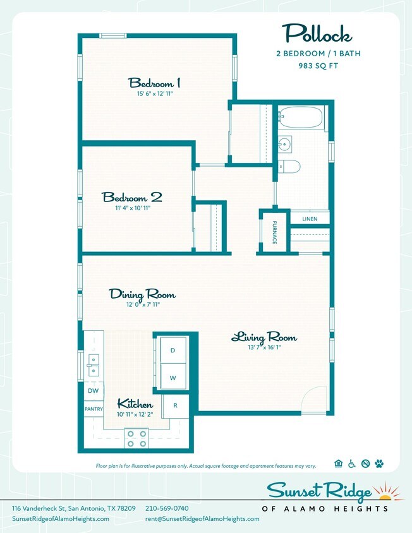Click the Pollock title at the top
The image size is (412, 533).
tap(317, 33)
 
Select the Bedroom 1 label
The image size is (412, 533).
tap(155, 83)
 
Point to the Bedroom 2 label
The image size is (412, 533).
tap(132, 197)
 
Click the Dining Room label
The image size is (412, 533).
tap(142, 294)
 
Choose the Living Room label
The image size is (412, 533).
tap(264, 337)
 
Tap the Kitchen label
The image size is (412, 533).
tap(135, 404)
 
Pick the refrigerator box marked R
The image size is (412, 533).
tap(175, 405)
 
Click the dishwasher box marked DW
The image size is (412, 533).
tap(92, 391)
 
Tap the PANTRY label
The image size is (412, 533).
tap(94, 409)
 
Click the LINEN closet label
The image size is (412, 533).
tap(310, 219)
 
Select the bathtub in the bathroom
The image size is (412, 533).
tap(301, 118)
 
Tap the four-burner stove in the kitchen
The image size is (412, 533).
tap(136, 438)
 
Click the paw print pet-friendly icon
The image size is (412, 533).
tap(379, 464)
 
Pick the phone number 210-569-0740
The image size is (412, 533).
tap(167, 508)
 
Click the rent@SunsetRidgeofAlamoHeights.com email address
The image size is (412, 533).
tap(202, 519)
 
